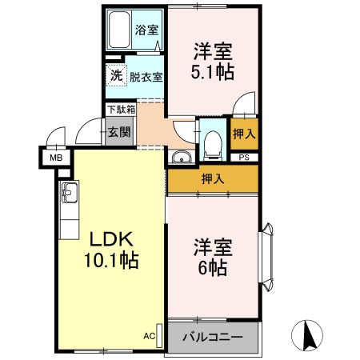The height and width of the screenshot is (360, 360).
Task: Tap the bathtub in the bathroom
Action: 121,31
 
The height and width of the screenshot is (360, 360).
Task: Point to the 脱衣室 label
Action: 146,78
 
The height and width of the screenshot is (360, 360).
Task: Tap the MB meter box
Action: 57,158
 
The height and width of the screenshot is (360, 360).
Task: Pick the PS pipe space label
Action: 244,158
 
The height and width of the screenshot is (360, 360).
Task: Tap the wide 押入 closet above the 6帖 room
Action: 213,178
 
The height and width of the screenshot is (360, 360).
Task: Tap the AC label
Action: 149,336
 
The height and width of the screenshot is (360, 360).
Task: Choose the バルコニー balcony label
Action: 213,337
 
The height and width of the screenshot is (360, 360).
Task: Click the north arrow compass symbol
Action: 309,334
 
